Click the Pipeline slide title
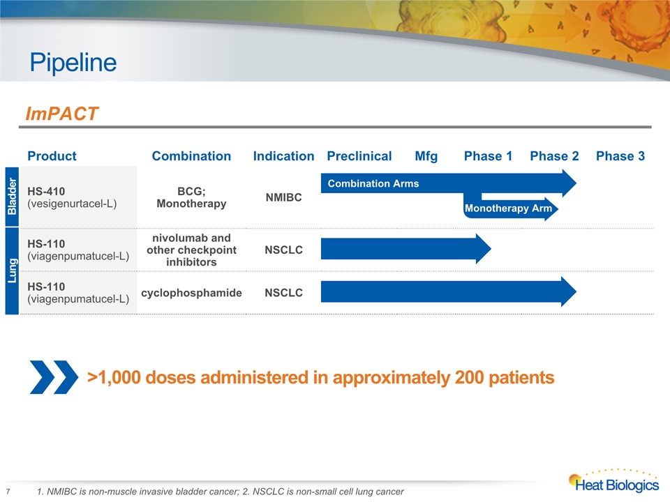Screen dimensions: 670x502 click(x=73, y=63)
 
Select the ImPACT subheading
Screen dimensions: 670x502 click(x=62, y=114)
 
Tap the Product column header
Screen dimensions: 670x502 click(x=52, y=155)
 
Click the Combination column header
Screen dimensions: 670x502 click(x=191, y=155)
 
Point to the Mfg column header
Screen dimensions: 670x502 click(x=426, y=156)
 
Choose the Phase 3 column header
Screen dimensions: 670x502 click(x=620, y=155)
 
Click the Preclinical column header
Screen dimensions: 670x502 click(x=359, y=155)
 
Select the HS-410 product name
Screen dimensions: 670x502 click(x=46, y=191)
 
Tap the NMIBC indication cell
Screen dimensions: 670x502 click(x=284, y=197)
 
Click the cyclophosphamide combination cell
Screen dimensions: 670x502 click(x=191, y=293)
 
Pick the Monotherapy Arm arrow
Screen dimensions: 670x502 click(x=511, y=208)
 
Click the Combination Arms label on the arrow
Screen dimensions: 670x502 click(x=373, y=183)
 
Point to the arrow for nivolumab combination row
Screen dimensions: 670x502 click(x=406, y=249)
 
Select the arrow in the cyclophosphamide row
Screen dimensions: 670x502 click(x=449, y=291)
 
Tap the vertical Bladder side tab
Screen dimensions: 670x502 click(x=12, y=197)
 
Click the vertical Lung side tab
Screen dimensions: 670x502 click(x=12, y=271)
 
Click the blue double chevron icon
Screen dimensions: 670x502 click(x=54, y=377)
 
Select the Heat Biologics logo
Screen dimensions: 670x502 click(x=613, y=481)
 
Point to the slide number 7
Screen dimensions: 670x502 click(x=8, y=492)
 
